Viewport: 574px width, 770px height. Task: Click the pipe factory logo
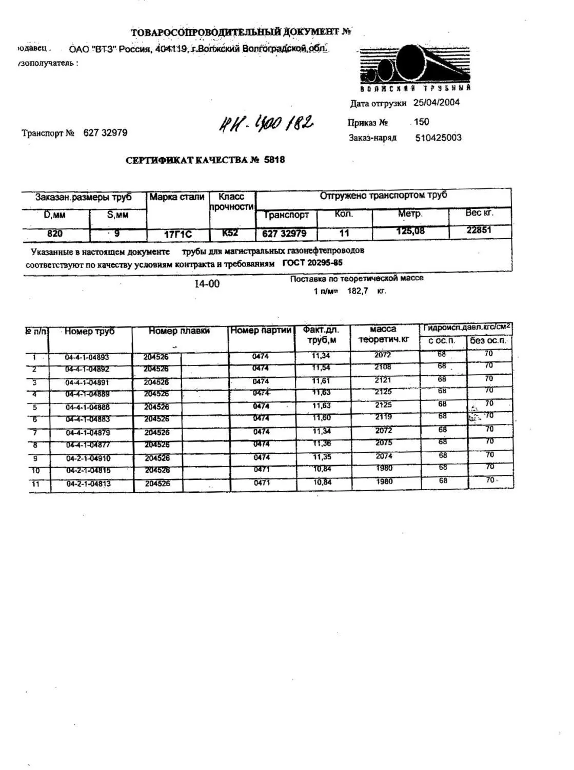coord(414,67)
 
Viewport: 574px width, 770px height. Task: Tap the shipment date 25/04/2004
coord(437,102)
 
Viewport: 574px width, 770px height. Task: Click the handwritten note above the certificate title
coord(266,123)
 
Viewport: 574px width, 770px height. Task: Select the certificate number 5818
coord(274,160)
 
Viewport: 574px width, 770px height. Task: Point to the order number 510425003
coord(438,138)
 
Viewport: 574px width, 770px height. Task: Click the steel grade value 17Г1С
coord(177,235)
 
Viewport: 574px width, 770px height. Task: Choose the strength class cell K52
coord(230,233)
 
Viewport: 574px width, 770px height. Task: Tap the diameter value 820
coord(55,234)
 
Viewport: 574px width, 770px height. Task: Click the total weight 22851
coord(479,230)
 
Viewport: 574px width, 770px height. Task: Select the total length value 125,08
coord(410,231)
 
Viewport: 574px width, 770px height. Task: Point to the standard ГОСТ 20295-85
coord(312,263)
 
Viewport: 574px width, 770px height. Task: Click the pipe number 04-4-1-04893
coord(87,357)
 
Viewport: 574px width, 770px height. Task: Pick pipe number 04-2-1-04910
coord(88,458)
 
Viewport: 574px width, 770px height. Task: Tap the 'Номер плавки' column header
coord(179,331)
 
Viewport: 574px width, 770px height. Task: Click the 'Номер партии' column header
coord(261,331)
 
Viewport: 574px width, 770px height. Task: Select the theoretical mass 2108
coord(383,367)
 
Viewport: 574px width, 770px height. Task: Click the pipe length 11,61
coord(322,381)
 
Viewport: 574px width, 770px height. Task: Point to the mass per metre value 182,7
coord(358,291)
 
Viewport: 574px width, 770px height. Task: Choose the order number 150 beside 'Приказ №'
coord(421,122)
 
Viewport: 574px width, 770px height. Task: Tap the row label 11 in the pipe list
coord(35,484)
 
